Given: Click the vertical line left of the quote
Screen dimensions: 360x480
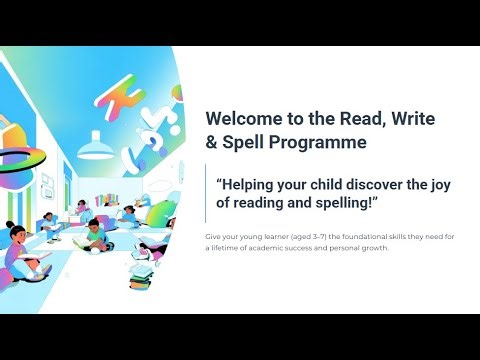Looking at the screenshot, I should [x=207, y=194].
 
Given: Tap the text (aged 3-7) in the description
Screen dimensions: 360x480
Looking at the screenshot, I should [x=292, y=236].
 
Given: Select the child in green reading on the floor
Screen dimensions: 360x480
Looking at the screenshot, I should [x=92, y=238].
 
